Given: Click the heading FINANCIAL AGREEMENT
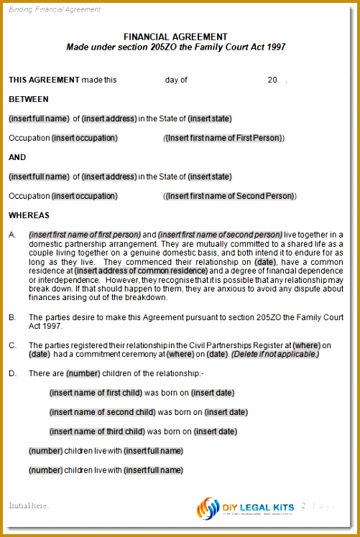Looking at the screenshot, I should click(175, 37).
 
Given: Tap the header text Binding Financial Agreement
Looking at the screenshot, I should click(55, 9).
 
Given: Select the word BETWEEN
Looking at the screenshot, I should click(29, 99).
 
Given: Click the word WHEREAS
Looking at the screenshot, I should click(29, 215).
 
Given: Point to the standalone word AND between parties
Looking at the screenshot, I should click(17, 157).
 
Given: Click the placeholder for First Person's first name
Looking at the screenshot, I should click(224, 138).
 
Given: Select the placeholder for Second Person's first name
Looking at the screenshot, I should click(230, 196).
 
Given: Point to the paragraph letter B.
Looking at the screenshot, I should click(12, 317).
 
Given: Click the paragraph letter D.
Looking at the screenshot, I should click(12, 373).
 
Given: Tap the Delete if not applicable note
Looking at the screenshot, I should click(275, 355).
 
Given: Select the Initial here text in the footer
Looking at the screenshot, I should click(29, 505).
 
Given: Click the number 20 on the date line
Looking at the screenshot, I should click(272, 80).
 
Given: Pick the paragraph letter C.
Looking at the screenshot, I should click(12, 345).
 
